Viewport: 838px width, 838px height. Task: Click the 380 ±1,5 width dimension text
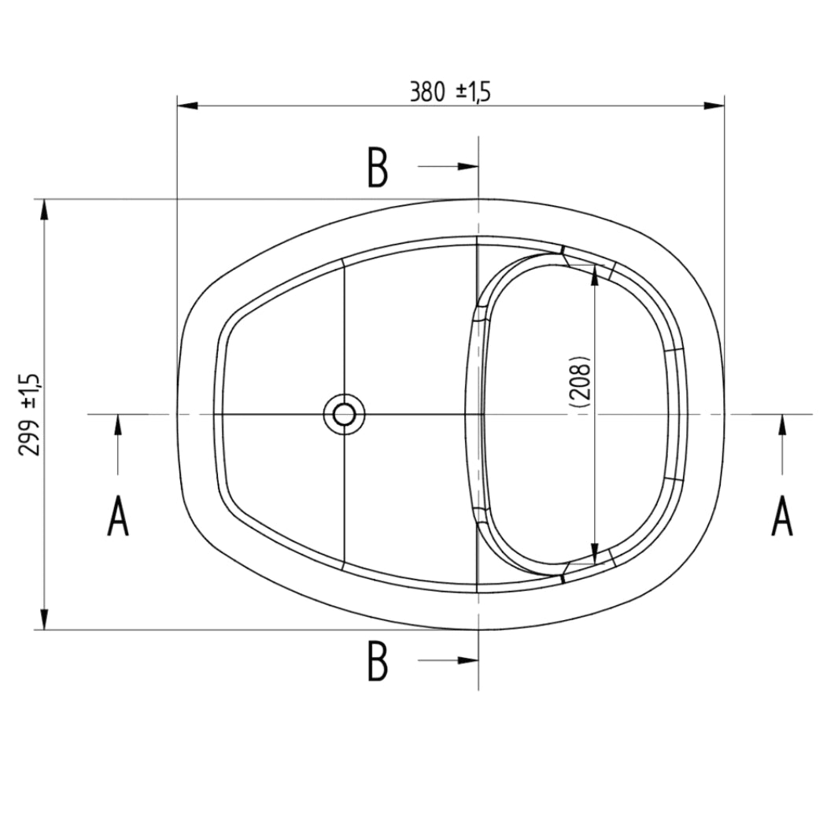450,93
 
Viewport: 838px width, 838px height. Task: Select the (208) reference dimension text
581,382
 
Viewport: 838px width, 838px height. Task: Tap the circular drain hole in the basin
344,414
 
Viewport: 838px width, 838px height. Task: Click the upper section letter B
378,168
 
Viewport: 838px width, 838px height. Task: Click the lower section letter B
378,661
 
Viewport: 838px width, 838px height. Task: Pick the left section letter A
118,516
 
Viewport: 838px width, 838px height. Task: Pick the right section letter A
781,516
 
